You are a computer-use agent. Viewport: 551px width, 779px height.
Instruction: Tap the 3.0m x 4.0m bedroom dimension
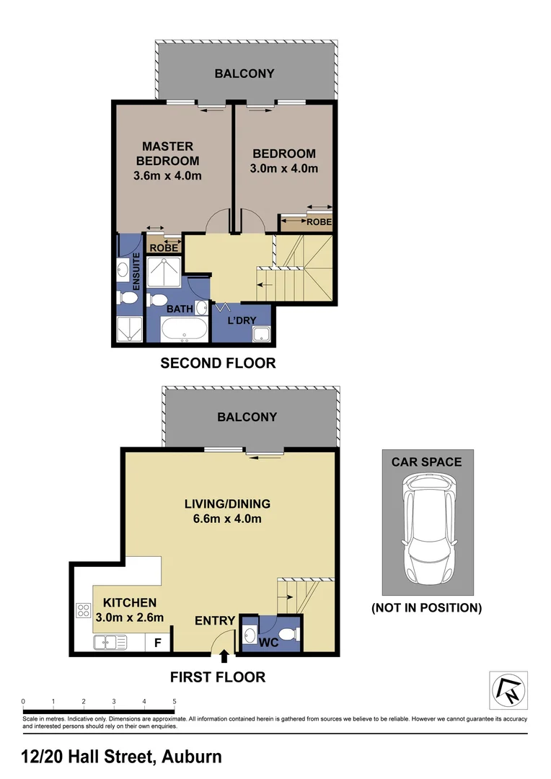point(283,169)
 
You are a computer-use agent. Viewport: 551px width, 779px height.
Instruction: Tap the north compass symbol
point(508,689)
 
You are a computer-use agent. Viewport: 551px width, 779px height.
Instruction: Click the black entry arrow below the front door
point(224,656)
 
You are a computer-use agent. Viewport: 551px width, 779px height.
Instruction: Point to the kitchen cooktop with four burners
point(82,610)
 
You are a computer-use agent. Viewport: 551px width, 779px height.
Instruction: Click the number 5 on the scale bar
point(174,701)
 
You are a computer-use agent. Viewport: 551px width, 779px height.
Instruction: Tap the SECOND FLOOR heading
point(218,363)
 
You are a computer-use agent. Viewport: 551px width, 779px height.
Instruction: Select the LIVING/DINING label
point(226,503)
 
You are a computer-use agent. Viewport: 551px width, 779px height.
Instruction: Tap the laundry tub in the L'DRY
point(261,334)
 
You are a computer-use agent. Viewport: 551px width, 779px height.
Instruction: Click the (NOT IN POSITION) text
point(426,608)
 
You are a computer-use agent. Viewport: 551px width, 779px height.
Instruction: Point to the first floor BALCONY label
point(247,417)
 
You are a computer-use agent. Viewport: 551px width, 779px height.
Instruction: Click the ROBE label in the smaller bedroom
point(319,222)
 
